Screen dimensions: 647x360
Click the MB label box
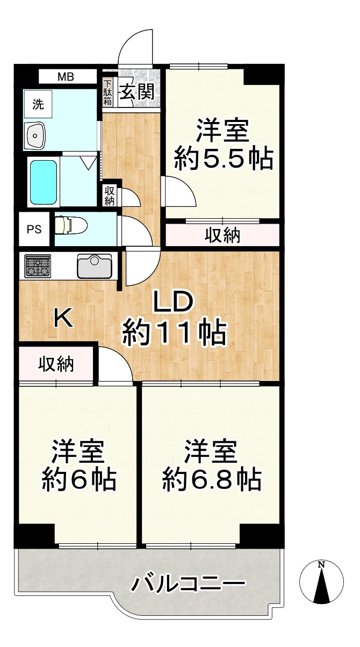coord(66,76)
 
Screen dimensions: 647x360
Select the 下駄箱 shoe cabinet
coord(107,92)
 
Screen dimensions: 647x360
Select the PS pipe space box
coord(34,229)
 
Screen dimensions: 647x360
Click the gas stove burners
coord(37,265)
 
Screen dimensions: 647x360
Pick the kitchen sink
coord(94,265)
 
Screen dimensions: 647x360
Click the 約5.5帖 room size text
coord(223,159)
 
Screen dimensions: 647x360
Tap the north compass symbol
coord(321,582)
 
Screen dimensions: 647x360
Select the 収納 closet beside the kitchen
coord(55,365)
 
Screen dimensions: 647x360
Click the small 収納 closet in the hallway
coord(109,196)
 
